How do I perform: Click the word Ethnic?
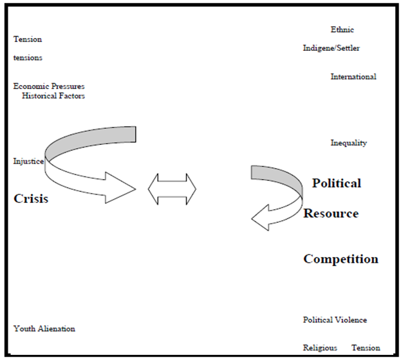(342, 30)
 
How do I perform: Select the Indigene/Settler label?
(332, 48)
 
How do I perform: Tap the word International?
(353, 77)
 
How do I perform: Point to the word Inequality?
(349, 143)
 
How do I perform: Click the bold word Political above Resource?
(337, 184)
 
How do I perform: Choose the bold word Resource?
(331, 213)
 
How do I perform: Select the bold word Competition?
(341, 259)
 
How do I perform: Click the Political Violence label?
(335, 320)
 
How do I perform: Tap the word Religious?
(320, 348)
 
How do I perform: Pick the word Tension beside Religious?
(366, 348)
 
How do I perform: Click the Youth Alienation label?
(44, 328)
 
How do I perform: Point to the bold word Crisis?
(31, 198)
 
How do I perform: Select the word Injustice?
(28, 161)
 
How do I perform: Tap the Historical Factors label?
(53, 96)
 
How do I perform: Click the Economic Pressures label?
(49, 86)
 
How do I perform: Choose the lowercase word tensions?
(28, 58)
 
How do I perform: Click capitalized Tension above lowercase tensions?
(28, 39)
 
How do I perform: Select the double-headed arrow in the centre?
(172, 189)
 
